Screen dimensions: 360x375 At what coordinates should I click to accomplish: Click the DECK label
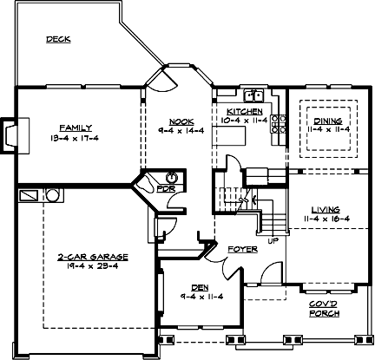(58, 39)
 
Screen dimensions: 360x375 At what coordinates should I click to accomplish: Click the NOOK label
(181, 120)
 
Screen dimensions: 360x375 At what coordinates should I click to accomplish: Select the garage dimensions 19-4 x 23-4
(93, 268)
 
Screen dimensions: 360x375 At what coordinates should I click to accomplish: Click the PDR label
(164, 188)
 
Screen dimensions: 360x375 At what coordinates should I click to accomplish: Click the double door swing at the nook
(159, 79)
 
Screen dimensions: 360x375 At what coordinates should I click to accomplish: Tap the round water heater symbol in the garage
(52, 195)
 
